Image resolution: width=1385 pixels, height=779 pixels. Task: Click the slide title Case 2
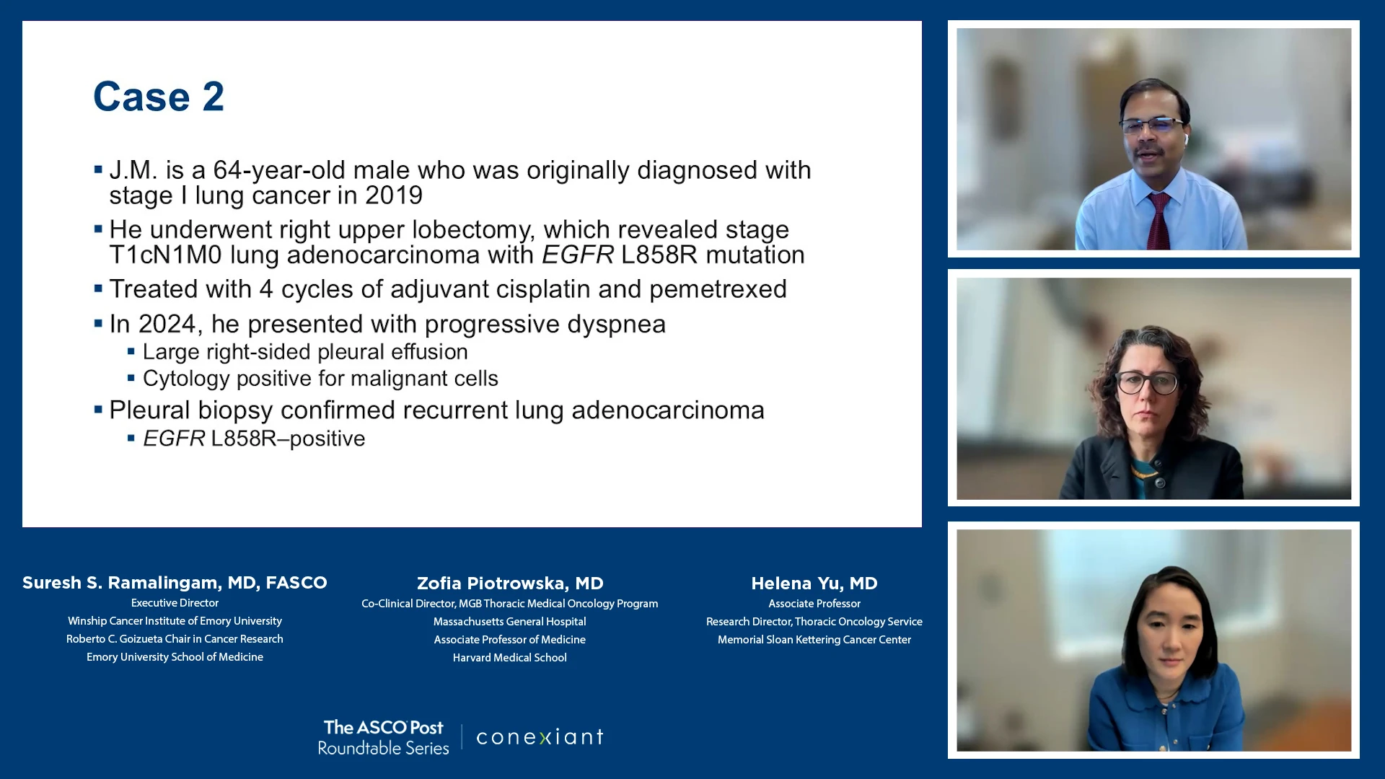159,97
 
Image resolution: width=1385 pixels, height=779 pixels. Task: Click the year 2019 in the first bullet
394,195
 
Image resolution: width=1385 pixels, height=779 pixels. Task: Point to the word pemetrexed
718,290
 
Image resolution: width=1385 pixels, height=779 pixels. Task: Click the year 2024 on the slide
167,324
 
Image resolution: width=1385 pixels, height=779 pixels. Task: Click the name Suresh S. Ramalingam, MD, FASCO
175,583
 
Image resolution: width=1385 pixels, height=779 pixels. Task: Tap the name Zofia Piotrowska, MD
510,584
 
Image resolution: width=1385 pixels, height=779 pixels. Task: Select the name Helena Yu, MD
814,584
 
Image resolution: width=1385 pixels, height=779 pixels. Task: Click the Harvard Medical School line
510,658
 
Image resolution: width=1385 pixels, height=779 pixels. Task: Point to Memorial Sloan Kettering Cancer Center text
814,640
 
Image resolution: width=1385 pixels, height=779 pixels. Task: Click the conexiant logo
540,737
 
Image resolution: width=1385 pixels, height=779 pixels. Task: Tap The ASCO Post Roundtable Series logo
384,737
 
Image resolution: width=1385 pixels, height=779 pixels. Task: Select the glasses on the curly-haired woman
1147,382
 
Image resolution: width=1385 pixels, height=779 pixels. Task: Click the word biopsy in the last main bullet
236,411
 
